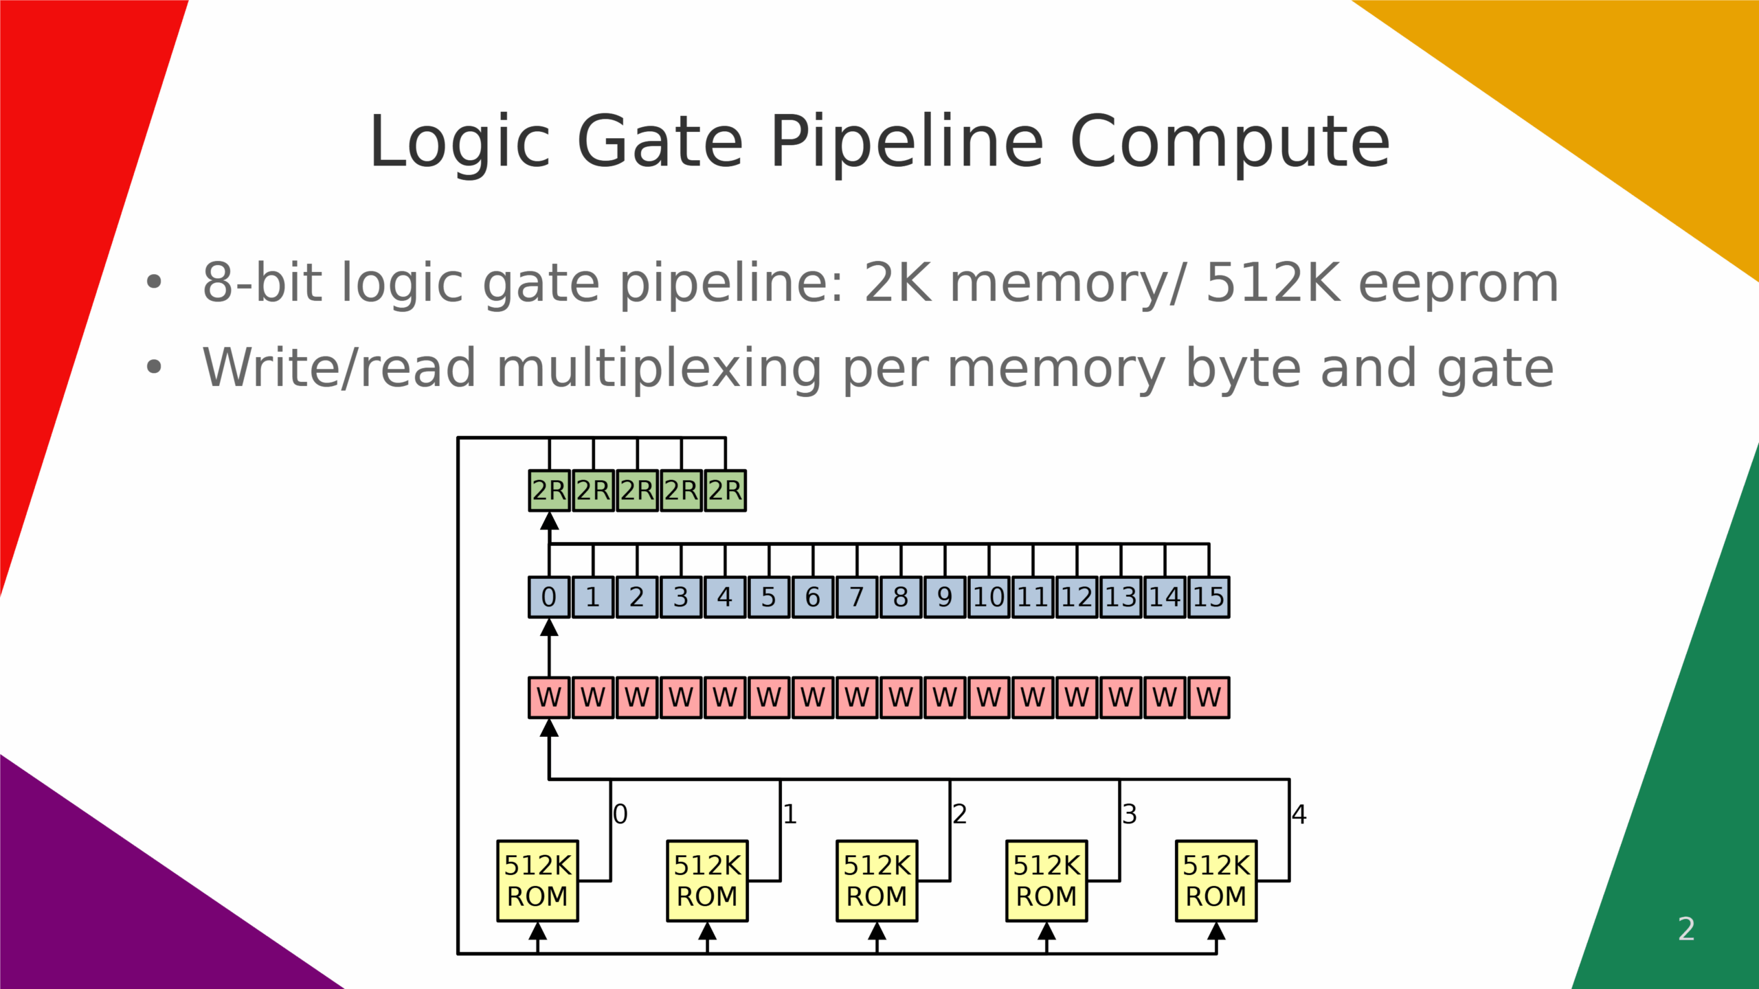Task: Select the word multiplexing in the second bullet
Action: click(x=659, y=368)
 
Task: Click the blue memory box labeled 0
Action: click(x=548, y=597)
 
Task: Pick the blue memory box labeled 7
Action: click(x=856, y=597)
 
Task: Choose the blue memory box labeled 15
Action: click(x=1209, y=597)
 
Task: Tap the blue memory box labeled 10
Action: click(x=989, y=597)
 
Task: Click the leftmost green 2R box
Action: click(x=548, y=490)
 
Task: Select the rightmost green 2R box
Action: click(x=725, y=490)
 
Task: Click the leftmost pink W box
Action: click(x=548, y=697)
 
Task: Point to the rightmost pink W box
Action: click(x=1209, y=697)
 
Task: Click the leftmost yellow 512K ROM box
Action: click(x=537, y=880)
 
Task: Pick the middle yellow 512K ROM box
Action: click(x=877, y=880)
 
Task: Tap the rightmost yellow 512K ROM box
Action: click(x=1216, y=880)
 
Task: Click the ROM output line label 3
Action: click(x=1130, y=815)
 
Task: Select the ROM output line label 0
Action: click(x=620, y=815)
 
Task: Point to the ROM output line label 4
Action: click(x=1299, y=815)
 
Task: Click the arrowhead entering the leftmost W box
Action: click(x=548, y=728)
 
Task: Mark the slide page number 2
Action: click(x=1686, y=929)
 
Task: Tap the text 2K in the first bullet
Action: click(x=898, y=282)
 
